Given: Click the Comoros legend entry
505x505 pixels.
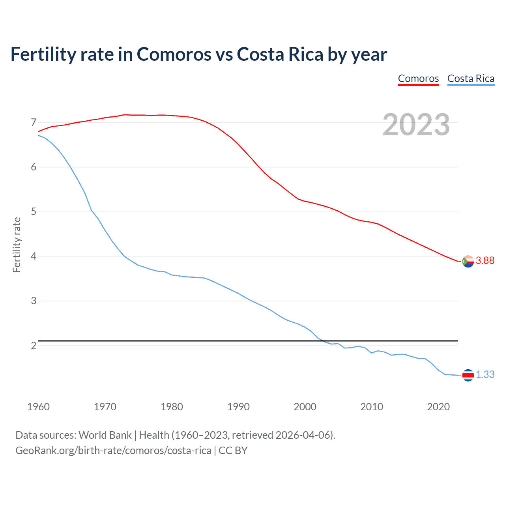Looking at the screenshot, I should (x=418, y=79).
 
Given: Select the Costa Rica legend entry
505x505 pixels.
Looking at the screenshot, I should (x=471, y=79).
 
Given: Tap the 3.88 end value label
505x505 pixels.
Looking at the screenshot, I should (x=485, y=260).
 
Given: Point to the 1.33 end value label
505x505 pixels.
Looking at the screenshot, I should (x=485, y=374).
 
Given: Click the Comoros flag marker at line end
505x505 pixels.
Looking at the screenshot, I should (x=468, y=261).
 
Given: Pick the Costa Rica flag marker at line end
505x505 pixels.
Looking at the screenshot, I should (x=468, y=375).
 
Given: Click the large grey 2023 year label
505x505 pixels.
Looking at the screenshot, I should (x=416, y=125).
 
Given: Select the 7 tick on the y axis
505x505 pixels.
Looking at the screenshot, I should (x=34, y=123).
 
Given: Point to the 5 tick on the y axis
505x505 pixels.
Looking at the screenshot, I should (x=34, y=212).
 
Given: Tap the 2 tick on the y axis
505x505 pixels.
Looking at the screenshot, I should (x=34, y=346).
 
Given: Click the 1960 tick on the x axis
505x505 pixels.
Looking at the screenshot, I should (x=38, y=407).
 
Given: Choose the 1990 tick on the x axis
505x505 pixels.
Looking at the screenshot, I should (x=238, y=407).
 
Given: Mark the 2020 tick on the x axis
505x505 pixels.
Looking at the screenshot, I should (x=438, y=407).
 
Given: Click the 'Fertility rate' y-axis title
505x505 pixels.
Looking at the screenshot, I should (x=17, y=245).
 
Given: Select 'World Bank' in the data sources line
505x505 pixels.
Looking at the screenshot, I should (x=105, y=435).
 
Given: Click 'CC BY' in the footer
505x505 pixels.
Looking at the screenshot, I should (x=233, y=451).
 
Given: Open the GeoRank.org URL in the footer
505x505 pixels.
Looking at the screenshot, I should (x=113, y=451).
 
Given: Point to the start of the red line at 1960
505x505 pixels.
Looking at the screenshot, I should (x=39, y=131).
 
